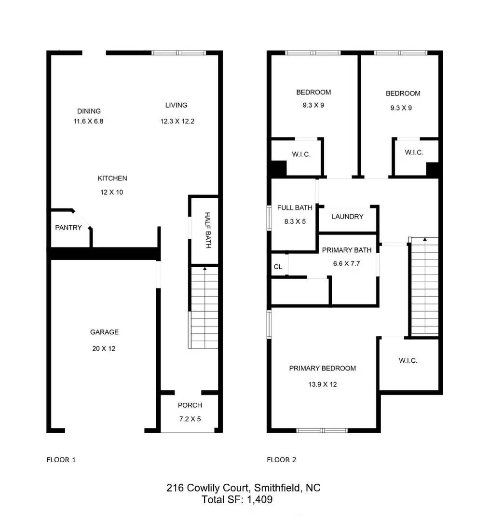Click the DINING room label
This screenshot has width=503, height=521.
click(89, 111)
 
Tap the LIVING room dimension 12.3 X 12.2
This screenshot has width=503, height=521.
click(177, 122)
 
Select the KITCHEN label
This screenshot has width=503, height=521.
click(112, 178)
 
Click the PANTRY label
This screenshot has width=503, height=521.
click(68, 228)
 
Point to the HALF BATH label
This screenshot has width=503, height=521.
click(207, 230)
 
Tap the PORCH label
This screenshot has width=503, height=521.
click(190, 405)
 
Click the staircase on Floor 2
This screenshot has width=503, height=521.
click(424, 287)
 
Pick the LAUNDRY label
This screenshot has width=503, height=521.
click(347, 217)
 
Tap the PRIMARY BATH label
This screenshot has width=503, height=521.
click(346, 250)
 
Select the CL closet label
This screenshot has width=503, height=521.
click(278, 267)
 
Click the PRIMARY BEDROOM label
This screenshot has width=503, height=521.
click(322, 368)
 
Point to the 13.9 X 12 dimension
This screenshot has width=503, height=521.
click(323, 384)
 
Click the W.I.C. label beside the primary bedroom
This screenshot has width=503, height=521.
click(408, 360)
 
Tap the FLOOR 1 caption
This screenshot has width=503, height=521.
click(61, 460)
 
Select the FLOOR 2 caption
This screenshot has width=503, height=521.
click(282, 460)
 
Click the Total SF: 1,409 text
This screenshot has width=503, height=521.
click(237, 500)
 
